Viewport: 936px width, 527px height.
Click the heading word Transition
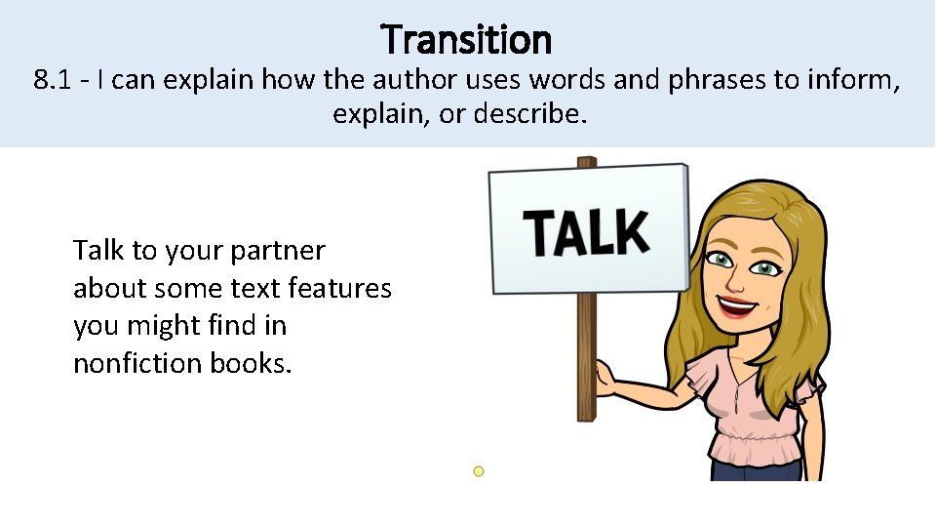(x=467, y=40)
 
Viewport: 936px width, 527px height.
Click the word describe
(x=531, y=115)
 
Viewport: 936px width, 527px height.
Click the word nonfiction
(x=137, y=363)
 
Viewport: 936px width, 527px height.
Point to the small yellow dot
(x=479, y=471)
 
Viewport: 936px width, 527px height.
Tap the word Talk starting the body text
(x=98, y=252)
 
